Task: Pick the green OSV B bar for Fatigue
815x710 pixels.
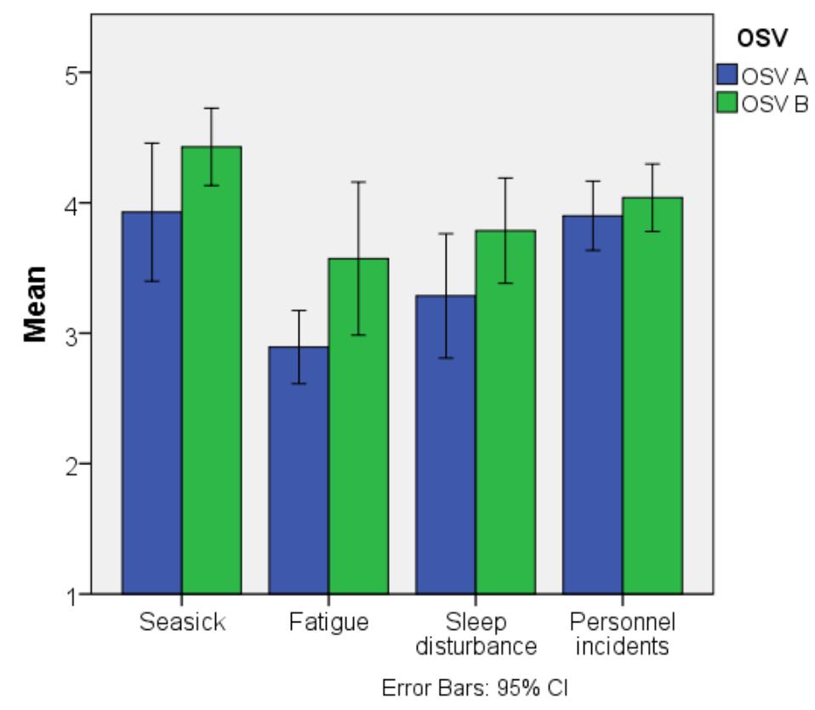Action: click(358, 425)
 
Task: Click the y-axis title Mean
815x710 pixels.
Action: click(35, 304)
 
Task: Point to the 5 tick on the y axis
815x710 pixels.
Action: click(74, 74)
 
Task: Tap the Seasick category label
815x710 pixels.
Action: click(182, 622)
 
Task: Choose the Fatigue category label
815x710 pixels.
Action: click(328, 622)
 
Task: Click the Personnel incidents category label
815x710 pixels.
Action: click(622, 633)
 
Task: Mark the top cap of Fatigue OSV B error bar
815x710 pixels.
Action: click(358, 182)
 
